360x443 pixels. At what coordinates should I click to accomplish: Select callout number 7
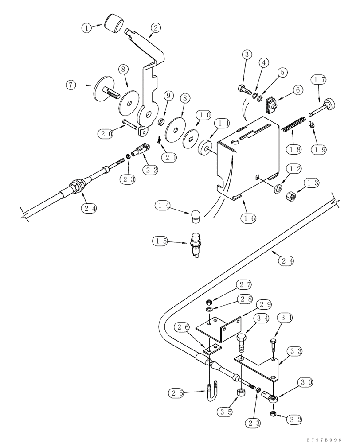(72, 85)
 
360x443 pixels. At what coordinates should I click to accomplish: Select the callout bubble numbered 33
(294, 351)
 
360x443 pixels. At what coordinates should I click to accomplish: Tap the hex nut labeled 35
(240, 392)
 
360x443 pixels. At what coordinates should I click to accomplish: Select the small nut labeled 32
(274, 413)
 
